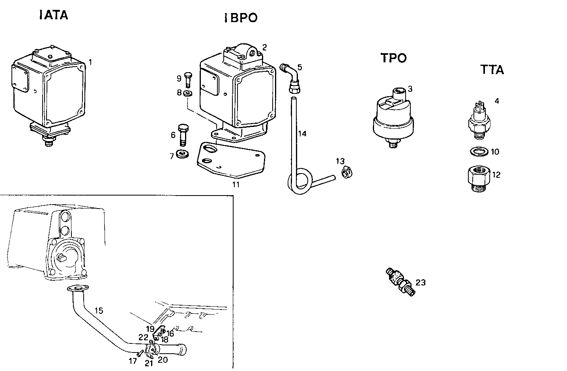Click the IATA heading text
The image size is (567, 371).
pos(54,15)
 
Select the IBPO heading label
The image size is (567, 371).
pos(241,18)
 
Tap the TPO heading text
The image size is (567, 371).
pos(393,58)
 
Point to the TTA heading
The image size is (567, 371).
pos(492,70)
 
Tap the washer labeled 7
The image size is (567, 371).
pos(182,154)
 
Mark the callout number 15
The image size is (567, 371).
pos(99,311)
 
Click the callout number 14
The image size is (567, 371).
pos(302,134)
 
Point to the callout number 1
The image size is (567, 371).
pos(90,62)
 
